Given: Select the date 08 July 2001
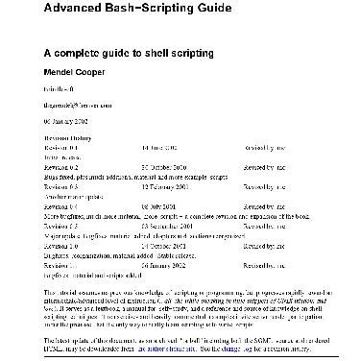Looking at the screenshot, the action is click(x=158, y=207).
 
